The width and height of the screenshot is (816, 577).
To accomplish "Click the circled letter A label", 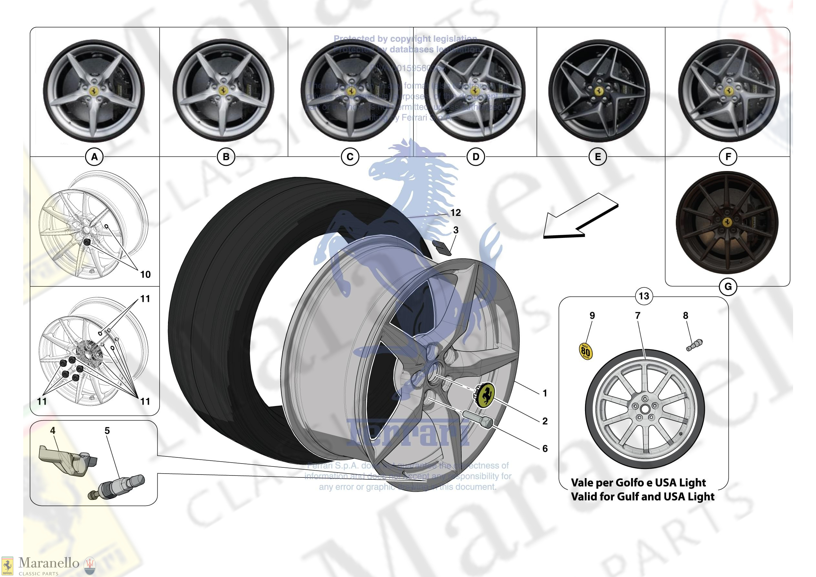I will (x=94, y=157).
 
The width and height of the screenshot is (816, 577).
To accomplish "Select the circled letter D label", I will (x=476, y=157).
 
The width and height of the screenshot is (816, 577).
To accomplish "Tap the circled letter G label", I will (x=728, y=287).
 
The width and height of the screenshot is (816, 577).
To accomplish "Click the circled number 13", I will (x=643, y=296).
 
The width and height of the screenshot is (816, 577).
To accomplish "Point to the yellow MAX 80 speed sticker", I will (x=585, y=351).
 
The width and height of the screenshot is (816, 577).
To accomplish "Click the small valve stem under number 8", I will (x=694, y=345).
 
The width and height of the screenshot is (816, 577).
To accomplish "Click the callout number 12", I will (x=455, y=213).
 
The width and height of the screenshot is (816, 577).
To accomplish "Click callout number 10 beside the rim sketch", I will (x=145, y=274).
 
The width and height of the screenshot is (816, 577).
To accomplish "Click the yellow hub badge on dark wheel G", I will (x=727, y=222).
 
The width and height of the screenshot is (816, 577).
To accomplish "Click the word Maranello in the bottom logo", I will (x=49, y=563).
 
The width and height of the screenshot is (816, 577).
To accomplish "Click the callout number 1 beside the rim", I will (x=544, y=393).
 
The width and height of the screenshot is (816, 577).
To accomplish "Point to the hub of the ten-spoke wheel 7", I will (x=644, y=409).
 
